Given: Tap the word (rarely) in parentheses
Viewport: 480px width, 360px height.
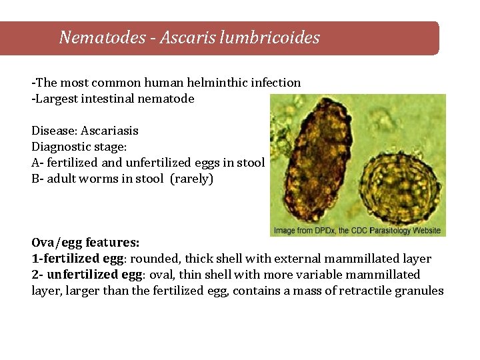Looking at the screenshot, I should [192, 179].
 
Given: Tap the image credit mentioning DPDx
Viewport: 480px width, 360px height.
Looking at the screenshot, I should [357, 231].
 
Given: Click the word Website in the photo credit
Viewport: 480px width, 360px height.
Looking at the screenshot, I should [426, 231].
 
